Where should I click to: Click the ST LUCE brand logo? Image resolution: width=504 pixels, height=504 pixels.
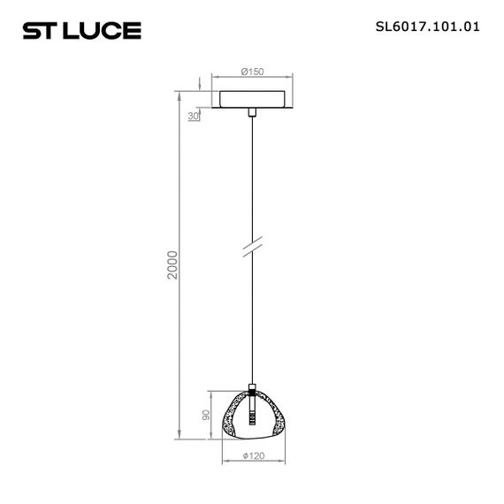(80, 31)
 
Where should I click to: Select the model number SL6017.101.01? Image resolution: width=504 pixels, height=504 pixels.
(428, 27)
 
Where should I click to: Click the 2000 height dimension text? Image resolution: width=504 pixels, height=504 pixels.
(174, 265)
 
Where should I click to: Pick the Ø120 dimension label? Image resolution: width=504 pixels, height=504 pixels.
(254, 456)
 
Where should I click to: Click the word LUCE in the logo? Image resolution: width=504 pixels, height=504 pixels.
(107, 31)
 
